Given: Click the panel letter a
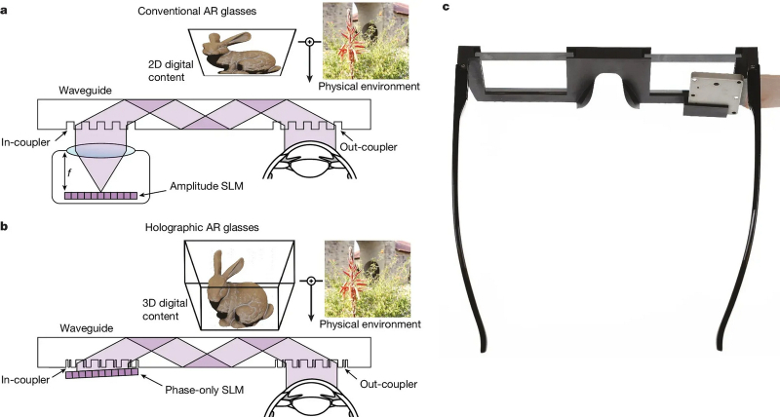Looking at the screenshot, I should pyautogui.click(x=5, y=9).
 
